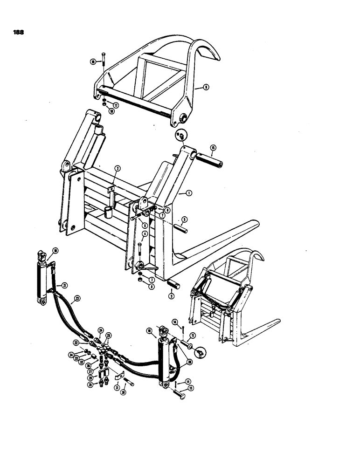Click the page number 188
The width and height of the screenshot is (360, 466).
(19, 33)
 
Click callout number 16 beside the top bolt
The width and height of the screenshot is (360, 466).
(93, 61)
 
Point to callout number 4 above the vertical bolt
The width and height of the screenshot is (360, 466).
(145, 234)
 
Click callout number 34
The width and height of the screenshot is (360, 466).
(71, 355)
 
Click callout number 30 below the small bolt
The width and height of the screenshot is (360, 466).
(124, 392)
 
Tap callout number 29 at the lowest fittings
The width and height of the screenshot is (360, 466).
(90, 385)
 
